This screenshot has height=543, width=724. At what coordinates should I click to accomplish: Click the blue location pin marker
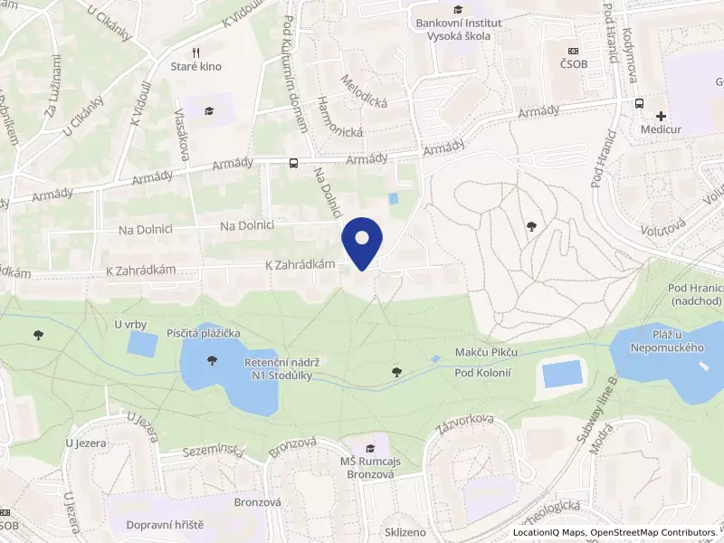tap(362, 241)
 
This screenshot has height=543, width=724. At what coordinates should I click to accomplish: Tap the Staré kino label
tap(196, 66)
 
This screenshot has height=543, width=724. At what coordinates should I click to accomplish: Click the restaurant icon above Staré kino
tap(196, 51)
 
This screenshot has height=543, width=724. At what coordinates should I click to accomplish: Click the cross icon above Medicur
tap(662, 116)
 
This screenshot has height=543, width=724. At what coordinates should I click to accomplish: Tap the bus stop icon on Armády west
tap(293, 164)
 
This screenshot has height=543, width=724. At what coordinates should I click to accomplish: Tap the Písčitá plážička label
tap(204, 334)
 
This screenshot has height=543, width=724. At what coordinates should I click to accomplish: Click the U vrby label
tap(130, 323)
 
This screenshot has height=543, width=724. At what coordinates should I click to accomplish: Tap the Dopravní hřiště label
tap(166, 524)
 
